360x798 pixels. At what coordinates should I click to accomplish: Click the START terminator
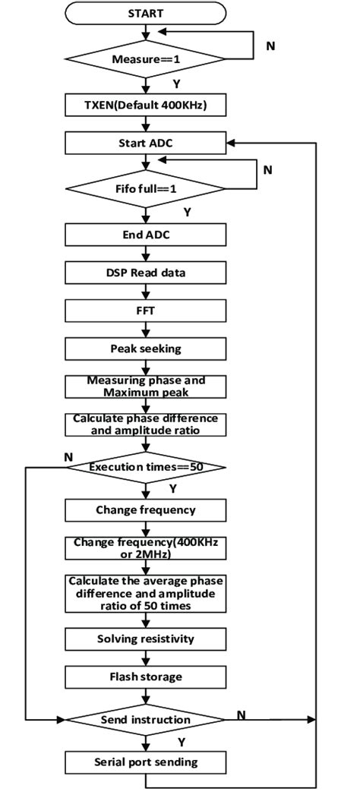145,13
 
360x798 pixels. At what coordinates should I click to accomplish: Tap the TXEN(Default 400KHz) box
145,106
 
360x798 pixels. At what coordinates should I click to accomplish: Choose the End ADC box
145,235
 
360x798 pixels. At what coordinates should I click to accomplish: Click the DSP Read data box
145,272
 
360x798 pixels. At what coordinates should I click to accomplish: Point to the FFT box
145,310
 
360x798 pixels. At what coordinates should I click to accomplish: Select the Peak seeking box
145,348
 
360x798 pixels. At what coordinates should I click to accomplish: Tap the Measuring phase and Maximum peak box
145,386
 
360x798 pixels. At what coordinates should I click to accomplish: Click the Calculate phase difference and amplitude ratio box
145,424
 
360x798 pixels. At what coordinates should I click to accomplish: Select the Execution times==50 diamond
145,468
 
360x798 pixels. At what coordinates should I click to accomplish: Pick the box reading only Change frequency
145,509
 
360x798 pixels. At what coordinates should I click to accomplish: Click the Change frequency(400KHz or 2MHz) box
145,548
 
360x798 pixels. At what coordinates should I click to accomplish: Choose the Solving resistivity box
145,639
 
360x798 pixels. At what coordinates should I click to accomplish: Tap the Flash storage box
145,677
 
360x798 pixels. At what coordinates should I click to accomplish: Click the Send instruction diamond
145,718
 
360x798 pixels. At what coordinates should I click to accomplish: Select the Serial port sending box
145,762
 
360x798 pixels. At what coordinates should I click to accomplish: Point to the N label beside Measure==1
270,46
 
